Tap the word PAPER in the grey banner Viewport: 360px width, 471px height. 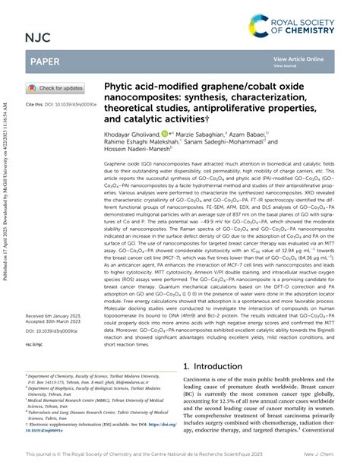46,61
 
